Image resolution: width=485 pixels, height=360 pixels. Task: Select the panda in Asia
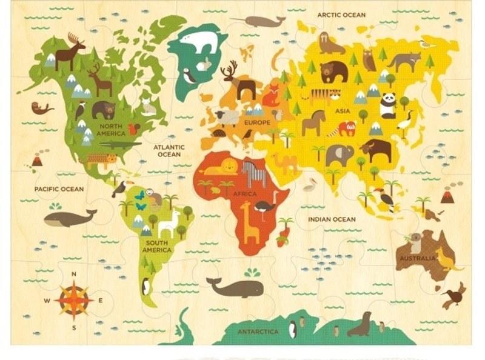coord(388,105)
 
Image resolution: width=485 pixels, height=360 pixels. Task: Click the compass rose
coord(73,299)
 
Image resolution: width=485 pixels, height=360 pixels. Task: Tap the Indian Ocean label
coord(332,219)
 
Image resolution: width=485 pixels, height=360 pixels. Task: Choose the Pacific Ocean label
coord(59,189)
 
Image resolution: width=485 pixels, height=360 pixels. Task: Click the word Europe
coord(256,122)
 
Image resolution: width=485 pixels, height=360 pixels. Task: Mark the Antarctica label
coord(258,332)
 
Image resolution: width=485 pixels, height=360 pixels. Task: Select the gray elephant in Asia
coord(339,155)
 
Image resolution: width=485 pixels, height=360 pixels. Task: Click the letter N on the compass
coord(73,274)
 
